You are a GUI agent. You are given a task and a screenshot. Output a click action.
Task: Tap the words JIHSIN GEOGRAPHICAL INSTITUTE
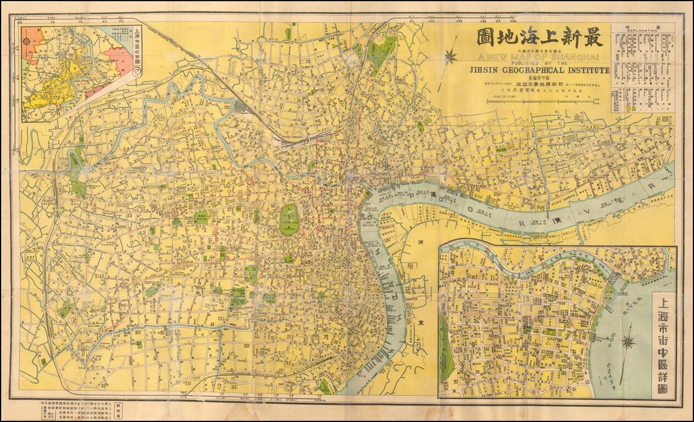coord(540,70)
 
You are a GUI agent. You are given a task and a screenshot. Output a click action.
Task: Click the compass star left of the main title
coord(452,55)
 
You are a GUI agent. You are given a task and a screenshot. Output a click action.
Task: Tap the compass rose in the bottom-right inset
coord(629,342)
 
